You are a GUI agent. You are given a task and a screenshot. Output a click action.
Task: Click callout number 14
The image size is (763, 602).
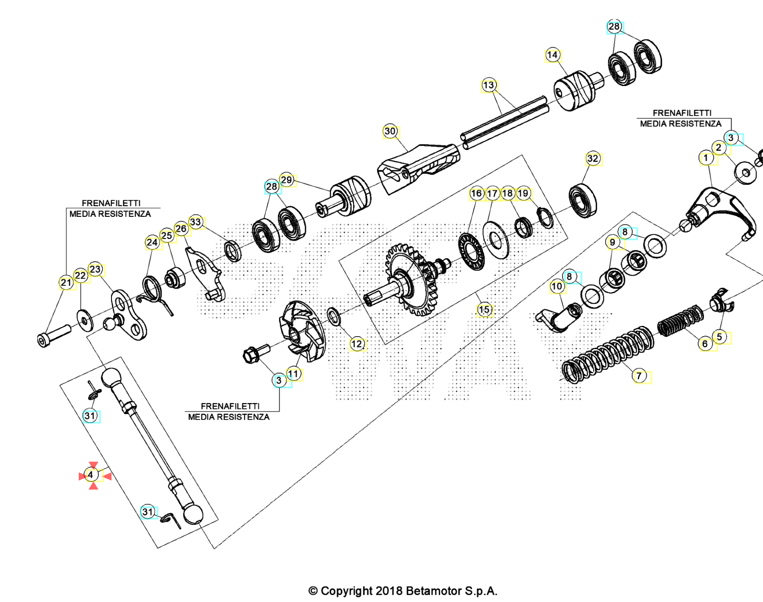[552, 55]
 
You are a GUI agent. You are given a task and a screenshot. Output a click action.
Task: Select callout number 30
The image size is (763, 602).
[390, 131]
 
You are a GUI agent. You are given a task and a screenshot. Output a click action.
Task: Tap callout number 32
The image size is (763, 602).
[592, 158]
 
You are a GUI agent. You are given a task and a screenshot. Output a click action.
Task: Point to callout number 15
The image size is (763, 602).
[484, 310]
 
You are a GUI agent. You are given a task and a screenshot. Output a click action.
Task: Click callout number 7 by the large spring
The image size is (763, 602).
[639, 376]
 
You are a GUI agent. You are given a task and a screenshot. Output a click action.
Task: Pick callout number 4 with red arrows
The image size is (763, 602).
[91, 475]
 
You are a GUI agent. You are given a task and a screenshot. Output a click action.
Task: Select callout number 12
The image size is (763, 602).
[357, 344]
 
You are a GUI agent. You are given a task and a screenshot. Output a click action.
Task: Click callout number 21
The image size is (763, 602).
[66, 282]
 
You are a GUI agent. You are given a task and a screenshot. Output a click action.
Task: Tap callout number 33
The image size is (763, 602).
[195, 222]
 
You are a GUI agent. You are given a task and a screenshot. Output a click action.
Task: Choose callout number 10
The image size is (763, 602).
[557, 286]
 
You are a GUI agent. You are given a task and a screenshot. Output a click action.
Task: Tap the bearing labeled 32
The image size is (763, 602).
[583, 201]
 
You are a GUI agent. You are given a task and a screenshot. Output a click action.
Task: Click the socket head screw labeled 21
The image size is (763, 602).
[54, 335]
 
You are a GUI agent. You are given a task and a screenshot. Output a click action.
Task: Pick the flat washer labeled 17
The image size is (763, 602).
[496, 240]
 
